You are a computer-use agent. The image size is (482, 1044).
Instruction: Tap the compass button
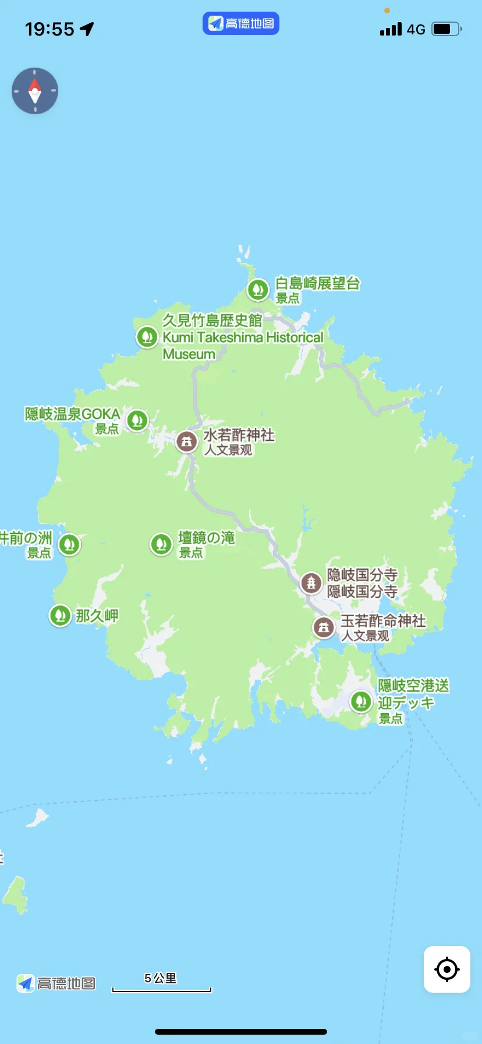tap(35, 91)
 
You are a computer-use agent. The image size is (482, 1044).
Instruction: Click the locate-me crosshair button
tap(446, 969)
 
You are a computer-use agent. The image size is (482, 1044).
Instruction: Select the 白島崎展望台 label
tap(317, 284)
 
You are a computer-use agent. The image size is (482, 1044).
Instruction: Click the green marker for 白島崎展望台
tap(258, 289)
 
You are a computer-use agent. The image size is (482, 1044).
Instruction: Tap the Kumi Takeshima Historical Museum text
tap(243, 338)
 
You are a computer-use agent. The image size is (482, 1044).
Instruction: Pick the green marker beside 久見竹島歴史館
tap(147, 337)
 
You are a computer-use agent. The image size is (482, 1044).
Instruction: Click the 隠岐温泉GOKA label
tap(72, 414)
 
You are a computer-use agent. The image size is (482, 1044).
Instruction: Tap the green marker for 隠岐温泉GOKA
tap(137, 419)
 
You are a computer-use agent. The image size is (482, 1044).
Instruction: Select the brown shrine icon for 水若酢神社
tap(186, 442)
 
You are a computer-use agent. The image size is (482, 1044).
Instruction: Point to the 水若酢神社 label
tap(239, 435)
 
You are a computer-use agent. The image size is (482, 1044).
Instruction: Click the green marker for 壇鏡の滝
tap(161, 544)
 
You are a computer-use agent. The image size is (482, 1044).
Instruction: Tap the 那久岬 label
tap(97, 616)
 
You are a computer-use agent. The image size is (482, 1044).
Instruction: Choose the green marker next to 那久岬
tap(60, 615)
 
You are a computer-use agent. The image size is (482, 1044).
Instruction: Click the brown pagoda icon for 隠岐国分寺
tap(311, 582)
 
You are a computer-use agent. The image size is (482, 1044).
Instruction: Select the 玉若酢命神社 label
tap(383, 621)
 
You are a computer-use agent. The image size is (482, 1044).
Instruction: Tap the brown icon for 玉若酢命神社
tap(324, 627)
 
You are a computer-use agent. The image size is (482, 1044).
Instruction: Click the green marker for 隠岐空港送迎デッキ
tap(361, 701)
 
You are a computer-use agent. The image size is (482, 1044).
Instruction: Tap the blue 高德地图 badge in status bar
tap(241, 23)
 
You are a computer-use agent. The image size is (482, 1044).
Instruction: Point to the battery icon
tap(446, 29)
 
